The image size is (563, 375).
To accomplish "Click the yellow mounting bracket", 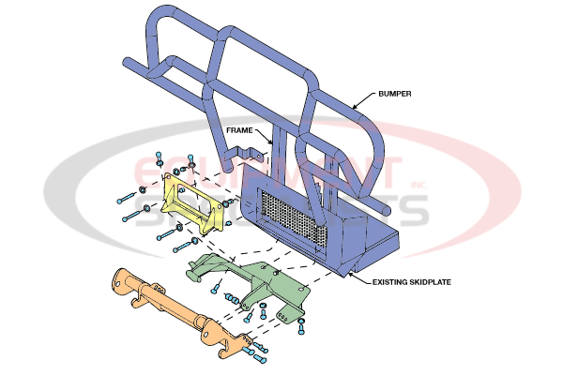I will tap(192, 204).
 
